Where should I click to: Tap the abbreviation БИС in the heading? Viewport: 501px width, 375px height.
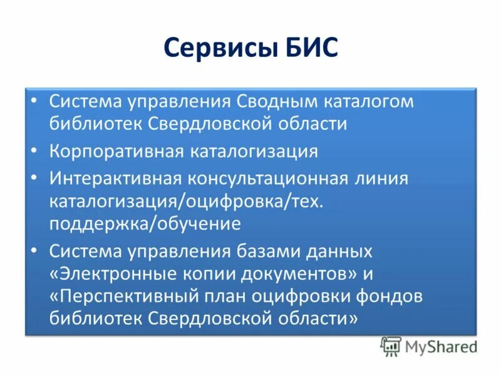click(x=307, y=49)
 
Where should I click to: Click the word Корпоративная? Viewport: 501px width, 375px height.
click(x=116, y=151)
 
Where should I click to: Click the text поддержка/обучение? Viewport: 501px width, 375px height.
click(x=145, y=224)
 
